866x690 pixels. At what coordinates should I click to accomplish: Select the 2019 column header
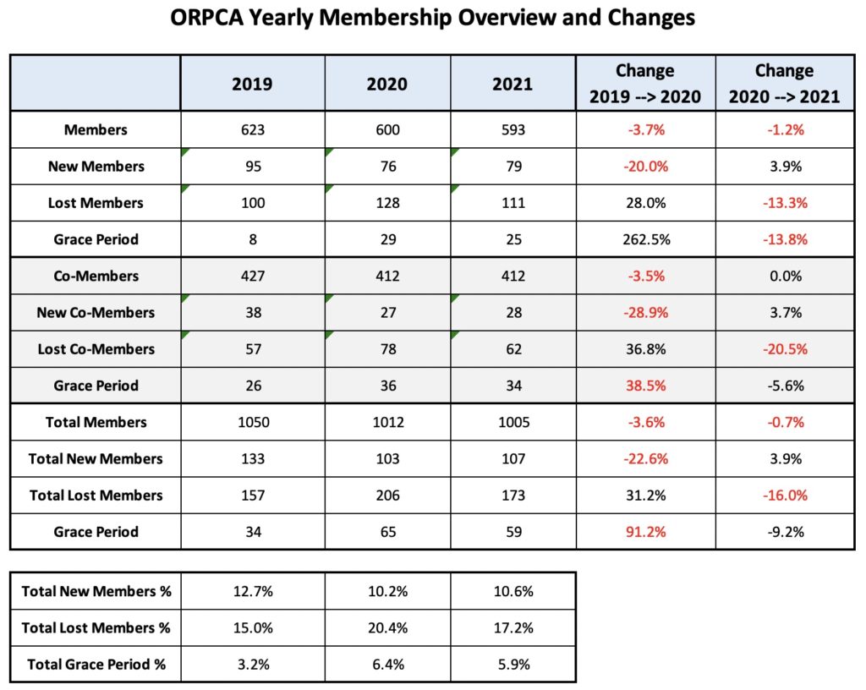252,84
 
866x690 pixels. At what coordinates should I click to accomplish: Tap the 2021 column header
512,84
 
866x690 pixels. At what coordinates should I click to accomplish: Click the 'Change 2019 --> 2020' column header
645,84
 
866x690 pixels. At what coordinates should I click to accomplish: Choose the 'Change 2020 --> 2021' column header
784,84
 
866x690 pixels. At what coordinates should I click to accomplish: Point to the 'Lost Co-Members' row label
96,349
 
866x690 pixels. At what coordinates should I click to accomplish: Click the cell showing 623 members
252,130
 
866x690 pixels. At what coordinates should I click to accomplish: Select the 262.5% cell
645,239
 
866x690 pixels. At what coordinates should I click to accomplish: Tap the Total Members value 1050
252,423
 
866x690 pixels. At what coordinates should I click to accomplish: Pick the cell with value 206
386,496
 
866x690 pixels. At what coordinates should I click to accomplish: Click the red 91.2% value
645,532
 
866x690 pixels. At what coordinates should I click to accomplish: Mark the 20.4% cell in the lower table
386,627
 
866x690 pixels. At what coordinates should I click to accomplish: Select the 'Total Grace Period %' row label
96,664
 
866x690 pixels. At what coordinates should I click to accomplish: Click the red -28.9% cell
645,313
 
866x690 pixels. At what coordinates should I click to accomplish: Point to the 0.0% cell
784,277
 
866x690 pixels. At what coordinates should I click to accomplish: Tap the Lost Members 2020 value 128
386,203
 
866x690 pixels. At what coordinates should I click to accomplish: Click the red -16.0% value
784,496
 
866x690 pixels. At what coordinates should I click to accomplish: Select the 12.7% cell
252,591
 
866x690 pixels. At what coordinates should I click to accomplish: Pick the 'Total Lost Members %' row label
96,627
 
